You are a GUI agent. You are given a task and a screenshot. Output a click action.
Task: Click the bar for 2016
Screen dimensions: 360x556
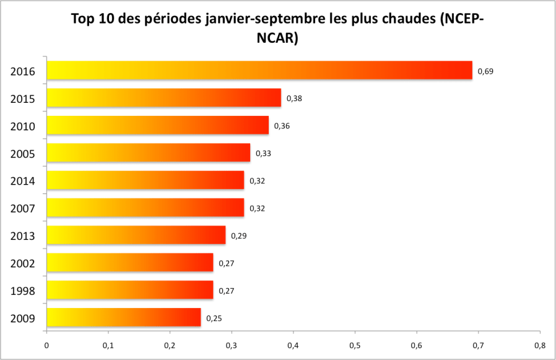pos(259,70)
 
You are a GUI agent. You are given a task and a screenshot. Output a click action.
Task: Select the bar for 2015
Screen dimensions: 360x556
pos(163,98)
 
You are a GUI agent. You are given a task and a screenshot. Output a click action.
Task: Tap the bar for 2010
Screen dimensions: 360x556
pos(157,125)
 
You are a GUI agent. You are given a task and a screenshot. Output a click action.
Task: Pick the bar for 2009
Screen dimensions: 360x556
pos(123,317)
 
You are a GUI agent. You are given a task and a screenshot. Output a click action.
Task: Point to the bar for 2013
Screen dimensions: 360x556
pos(136,235)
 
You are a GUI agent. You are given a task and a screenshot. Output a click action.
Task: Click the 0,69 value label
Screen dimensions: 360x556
pos(485,71)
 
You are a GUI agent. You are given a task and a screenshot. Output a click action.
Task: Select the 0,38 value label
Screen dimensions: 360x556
pos(294,99)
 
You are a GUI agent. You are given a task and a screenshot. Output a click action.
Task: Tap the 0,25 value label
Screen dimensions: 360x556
pos(214,318)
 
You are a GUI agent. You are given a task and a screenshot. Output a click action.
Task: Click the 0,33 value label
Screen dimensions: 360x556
pos(263,153)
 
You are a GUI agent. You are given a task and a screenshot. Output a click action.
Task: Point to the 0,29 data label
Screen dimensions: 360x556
pos(238,236)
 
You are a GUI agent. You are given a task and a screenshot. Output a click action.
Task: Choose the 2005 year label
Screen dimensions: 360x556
pos(22,154)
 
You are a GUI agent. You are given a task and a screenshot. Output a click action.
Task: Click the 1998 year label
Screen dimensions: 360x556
pos(22,291)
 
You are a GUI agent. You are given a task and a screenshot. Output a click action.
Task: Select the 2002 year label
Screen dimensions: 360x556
pos(22,264)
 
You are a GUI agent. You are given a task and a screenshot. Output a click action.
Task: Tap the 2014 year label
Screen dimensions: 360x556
pos(22,181)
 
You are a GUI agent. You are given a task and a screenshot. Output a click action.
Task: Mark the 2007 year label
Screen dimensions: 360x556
pos(22,209)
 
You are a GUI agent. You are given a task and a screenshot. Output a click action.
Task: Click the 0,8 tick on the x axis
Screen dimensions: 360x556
pos(539,345)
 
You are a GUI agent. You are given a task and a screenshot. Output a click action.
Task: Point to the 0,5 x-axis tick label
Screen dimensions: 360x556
pos(354,345)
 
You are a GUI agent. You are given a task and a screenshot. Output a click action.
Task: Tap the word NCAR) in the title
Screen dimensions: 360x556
pos(277,38)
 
